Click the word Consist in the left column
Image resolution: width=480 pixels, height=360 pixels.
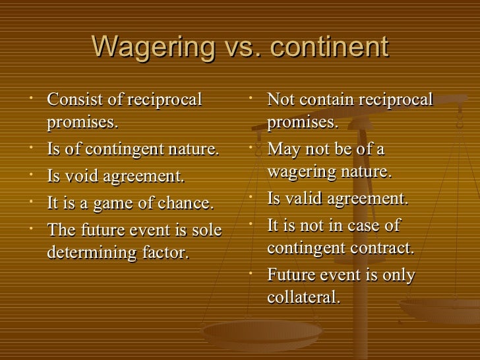(71, 100)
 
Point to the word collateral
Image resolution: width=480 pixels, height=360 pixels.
(303, 297)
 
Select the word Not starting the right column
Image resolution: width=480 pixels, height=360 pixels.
(281, 100)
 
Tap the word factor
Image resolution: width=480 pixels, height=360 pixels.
(165, 253)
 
